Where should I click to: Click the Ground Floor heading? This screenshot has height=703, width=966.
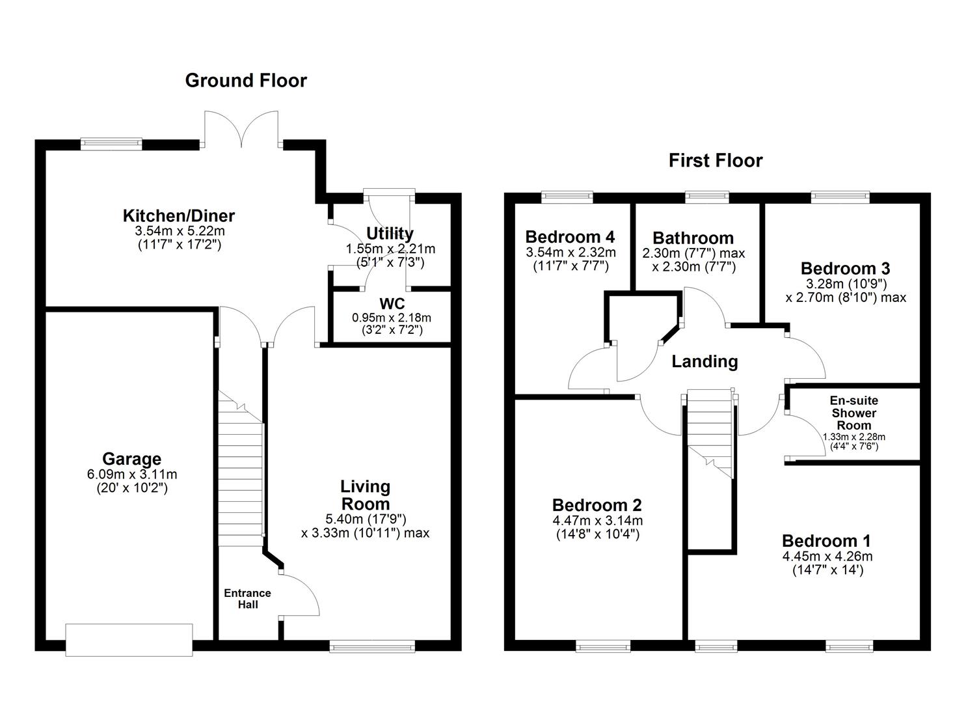tap(246, 81)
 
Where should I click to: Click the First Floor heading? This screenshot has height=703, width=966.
tap(715, 161)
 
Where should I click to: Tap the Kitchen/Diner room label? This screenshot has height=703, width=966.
tap(179, 216)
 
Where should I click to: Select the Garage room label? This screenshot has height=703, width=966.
tap(131, 459)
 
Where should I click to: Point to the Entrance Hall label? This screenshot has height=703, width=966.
tap(247, 599)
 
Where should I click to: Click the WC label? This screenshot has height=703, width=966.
tap(392, 304)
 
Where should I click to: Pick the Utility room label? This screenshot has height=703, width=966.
tap(390, 234)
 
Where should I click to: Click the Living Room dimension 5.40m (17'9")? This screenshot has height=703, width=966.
tap(366, 519)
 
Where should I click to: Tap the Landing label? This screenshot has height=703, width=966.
tap(704, 361)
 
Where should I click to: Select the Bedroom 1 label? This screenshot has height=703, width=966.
tap(826, 541)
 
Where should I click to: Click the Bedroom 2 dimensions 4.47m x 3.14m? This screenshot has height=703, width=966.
tap(597, 520)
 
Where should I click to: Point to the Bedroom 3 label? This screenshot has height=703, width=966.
tap(845, 268)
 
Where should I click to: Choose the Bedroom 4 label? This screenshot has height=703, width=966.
tap(570, 236)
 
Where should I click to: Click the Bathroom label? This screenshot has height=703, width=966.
tap(693, 238)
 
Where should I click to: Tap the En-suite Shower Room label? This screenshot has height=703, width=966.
tap(853, 413)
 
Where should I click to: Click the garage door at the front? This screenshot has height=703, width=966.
tap(129, 639)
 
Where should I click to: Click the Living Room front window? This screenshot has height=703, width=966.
tap(371, 646)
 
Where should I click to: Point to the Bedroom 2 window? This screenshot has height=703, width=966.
tap(602, 646)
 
